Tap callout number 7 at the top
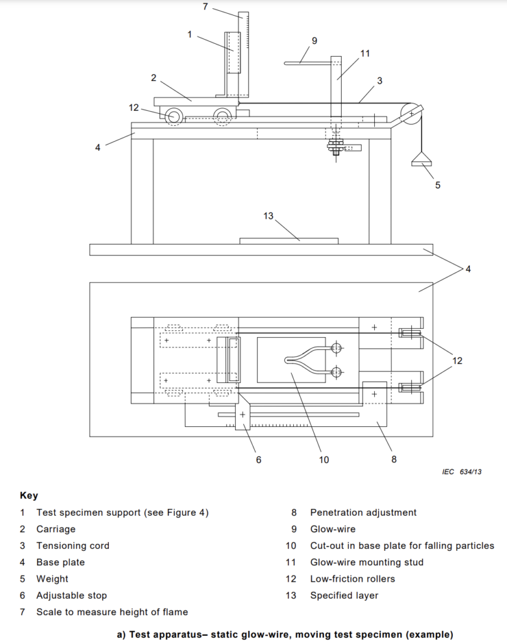(206, 6)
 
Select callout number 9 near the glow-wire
(315, 41)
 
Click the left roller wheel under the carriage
(174, 116)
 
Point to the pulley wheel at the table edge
(411, 113)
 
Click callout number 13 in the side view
(269, 216)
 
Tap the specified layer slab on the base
(289, 241)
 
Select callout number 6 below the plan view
(259, 460)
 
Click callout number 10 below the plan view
(324, 460)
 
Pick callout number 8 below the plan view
(394, 459)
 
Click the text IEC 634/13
(462, 472)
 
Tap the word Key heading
(29, 496)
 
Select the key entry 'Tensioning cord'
(73, 546)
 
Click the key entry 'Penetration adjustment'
(363, 513)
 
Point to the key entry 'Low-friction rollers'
(352, 579)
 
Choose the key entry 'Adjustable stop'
(72, 596)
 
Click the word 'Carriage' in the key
(56, 529)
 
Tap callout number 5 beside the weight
(438, 186)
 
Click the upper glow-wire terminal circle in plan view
(336, 348)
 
